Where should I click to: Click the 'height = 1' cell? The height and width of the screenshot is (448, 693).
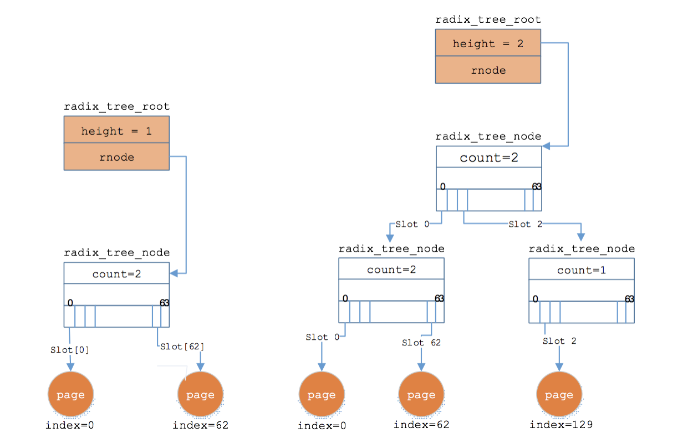tap(116, 131)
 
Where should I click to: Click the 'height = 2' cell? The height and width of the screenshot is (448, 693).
tap(488, 44)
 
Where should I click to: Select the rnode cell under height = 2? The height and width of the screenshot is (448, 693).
tap(488, 70)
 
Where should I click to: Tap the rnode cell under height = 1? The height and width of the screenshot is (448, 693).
tap(116, 157)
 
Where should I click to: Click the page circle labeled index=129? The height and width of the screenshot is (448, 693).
tap(559, 395)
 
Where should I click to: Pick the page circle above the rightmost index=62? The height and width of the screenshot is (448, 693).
tap(421, 395)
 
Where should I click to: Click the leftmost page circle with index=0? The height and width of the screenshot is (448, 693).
tap(70, 395)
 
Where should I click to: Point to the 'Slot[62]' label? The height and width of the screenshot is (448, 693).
tap(182, 347)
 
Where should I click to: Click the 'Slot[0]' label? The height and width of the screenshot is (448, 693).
tap(69, 350)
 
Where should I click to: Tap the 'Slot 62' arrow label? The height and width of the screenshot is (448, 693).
tap(421, 343)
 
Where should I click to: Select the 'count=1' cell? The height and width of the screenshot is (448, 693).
tap(581, 270)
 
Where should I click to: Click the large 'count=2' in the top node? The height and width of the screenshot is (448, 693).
tap(488, 157)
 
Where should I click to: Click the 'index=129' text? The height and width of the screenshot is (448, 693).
tap(561, 425)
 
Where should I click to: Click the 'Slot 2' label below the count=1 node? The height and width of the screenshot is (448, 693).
tap(559, 341)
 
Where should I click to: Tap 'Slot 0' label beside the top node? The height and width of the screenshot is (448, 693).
tap(412, 225)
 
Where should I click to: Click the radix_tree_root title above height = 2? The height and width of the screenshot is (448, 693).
tap(488, 19)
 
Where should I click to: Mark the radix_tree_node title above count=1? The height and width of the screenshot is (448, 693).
tap(582, 249)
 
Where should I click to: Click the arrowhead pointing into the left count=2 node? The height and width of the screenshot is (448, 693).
tap(174, 273)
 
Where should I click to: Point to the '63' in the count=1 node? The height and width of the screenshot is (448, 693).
tap(629, 299)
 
